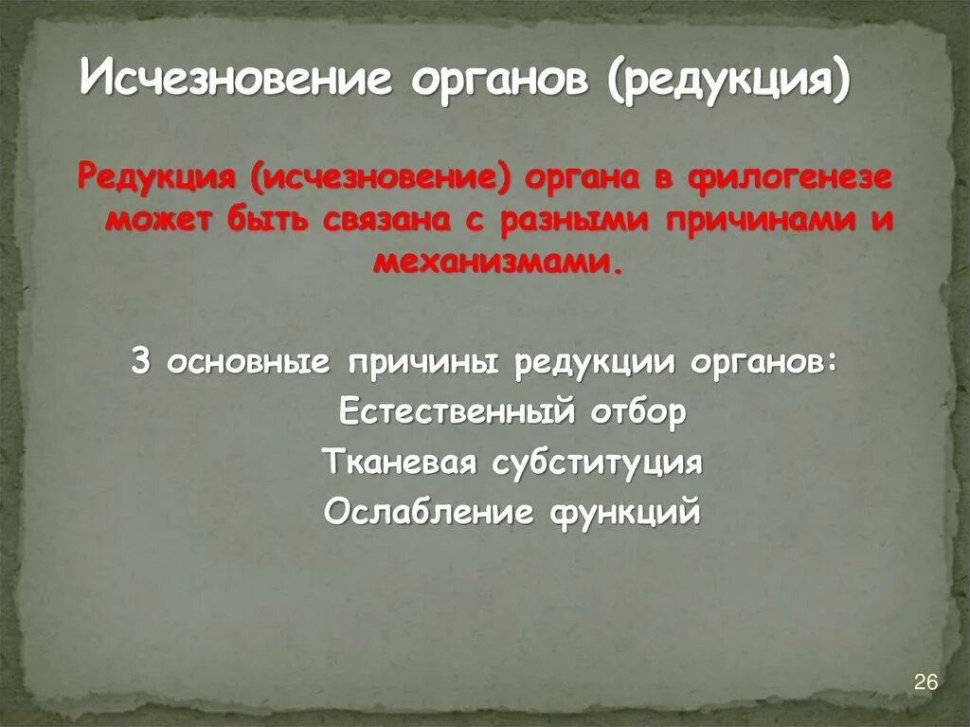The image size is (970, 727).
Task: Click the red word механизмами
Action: (498, 259)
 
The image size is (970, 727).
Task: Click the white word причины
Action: (424, 363)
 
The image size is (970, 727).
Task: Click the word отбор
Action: (636, 413)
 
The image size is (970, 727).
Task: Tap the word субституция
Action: (597, 463)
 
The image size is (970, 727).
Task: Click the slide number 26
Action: (925, 682)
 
